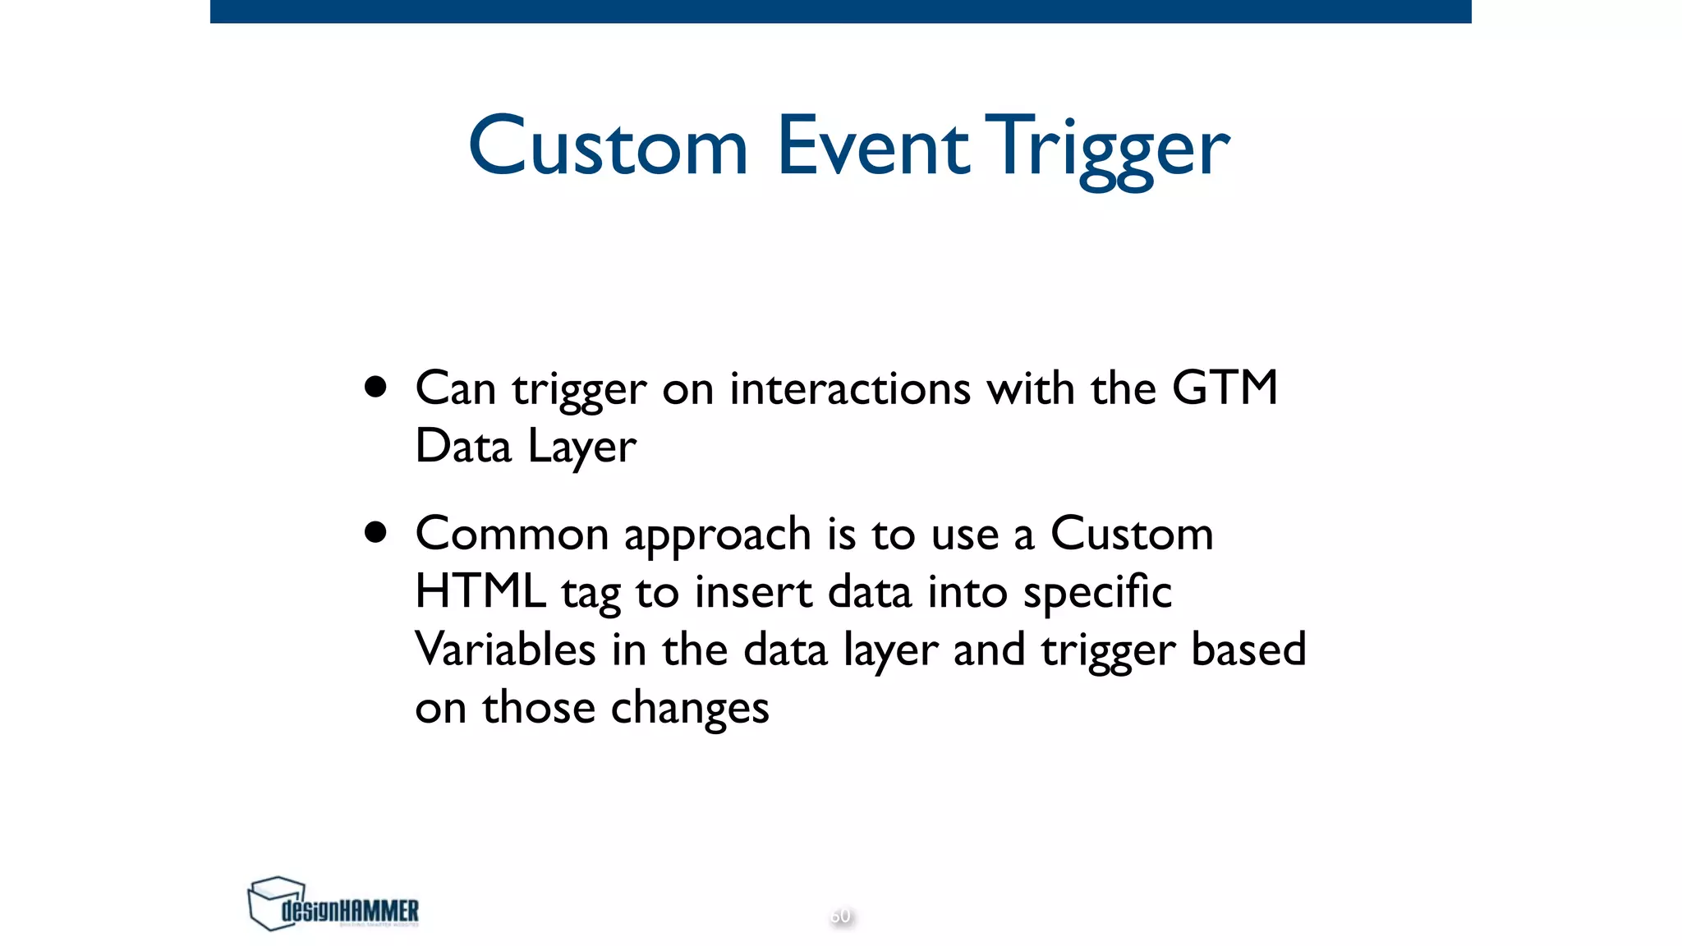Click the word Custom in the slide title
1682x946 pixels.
(608, 148)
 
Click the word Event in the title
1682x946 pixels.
(872, 148)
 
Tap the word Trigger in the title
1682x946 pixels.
(1107, 149)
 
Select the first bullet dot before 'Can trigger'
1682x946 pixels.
(375, 388)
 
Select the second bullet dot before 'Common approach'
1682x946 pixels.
(375, 533)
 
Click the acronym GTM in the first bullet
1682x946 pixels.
(1224, 388)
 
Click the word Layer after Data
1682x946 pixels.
(581, 448)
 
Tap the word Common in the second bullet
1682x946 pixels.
(511, 534)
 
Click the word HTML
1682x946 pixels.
(480, 591)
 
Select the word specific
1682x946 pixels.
(1097, 594)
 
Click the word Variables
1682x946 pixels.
(505, 650)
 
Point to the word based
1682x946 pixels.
(1248, 650)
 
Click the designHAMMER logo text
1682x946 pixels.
(351, 911)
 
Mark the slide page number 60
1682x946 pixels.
(840, 916)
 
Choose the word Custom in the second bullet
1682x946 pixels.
(1131, 534)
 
